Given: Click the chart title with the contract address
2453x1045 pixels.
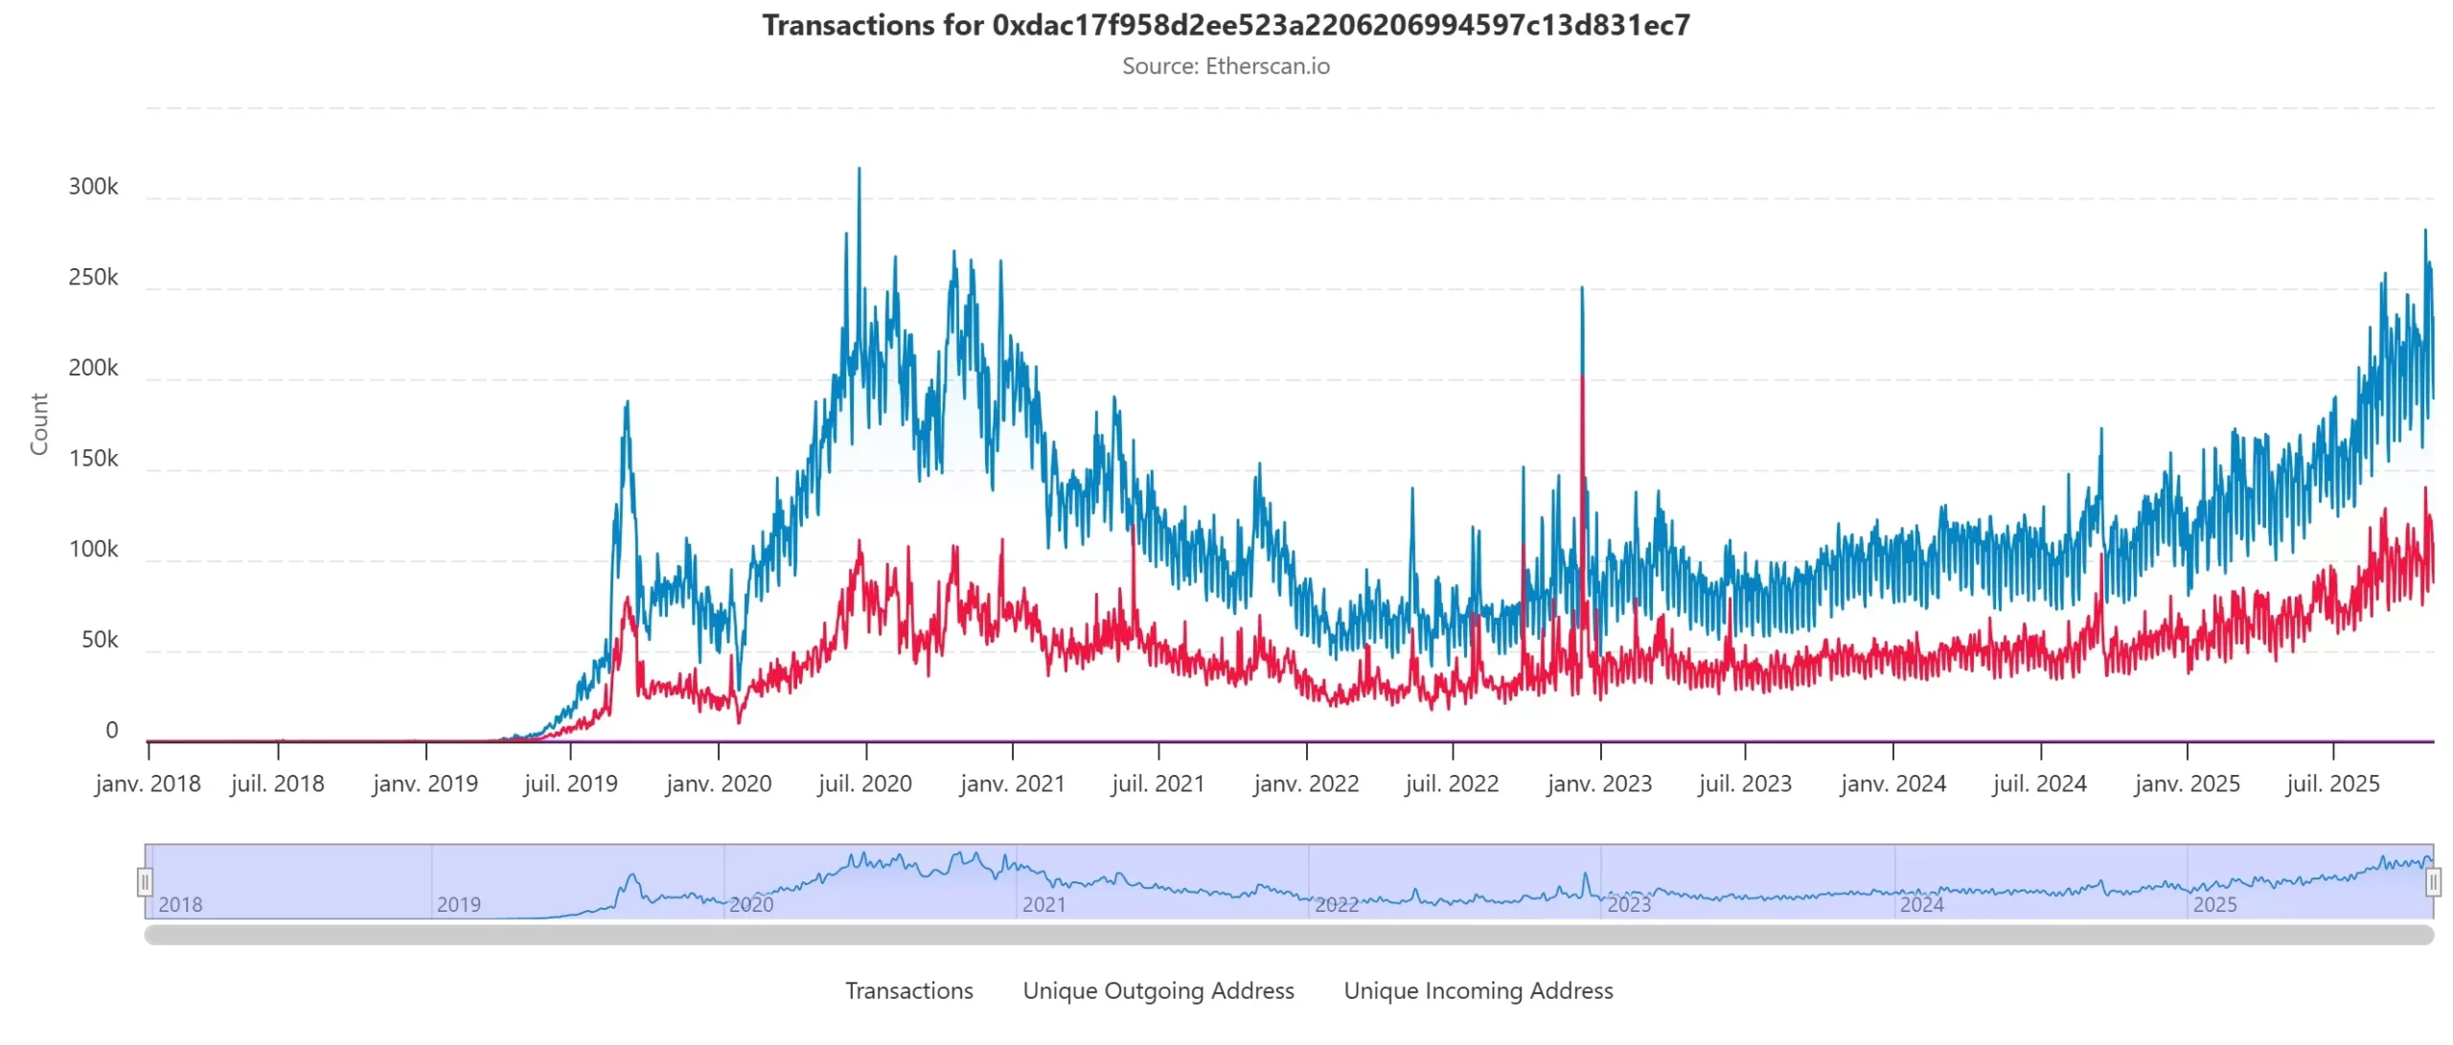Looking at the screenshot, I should coord(1226,25).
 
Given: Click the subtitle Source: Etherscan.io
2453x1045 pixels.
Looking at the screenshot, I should coord(1226,66).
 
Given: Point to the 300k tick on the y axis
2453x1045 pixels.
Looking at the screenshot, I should coord(93,187).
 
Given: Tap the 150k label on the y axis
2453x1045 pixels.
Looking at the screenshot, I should coord(93,459).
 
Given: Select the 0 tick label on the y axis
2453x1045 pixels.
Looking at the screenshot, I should coord(111,731).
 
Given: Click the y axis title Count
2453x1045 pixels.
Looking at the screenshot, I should coord(39,423).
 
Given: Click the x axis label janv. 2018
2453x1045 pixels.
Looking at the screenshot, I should coord(148,784).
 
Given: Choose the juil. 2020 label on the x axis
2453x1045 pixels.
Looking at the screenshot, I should coord(864,784).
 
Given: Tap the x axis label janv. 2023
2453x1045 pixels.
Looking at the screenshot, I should coord(1598,784).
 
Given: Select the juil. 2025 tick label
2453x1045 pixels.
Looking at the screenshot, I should coord(2331,784).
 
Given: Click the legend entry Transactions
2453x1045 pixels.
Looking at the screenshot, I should coord(908,990).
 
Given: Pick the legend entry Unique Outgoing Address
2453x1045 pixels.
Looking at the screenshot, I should coord(1158,990).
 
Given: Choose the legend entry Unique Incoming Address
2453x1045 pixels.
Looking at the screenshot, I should coord(1478,990).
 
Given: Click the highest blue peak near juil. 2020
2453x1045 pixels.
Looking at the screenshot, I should coord(859,170).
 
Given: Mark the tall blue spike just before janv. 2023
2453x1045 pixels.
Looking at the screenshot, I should coord(1581,289).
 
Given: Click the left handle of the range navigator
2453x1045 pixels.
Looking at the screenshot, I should coord(145,881).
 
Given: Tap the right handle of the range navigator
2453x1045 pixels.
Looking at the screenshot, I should coord(2432,881).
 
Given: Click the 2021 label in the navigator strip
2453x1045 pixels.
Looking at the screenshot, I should coord(1043,904).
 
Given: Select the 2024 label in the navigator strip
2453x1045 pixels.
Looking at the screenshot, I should coord(1921,904).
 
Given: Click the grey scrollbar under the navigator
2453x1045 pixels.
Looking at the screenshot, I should coord(1288,935).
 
